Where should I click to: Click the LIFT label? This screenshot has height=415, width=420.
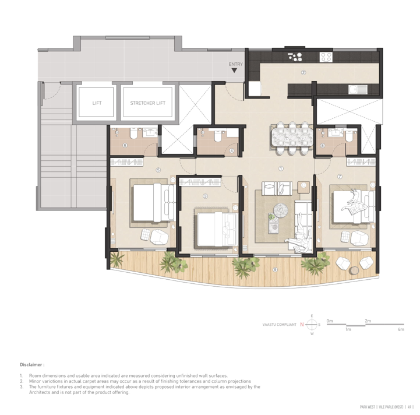click(x=97, y=103)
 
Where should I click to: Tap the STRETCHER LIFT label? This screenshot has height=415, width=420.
click(x=147, y=103)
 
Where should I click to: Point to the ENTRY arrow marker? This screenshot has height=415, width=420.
click(x=235, y=71)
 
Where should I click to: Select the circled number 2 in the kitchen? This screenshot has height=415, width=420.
click(x=303, y=73)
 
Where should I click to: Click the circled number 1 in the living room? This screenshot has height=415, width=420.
click(x=281, y=168)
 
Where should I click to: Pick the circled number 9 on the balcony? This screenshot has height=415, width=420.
click(x=275, y=269)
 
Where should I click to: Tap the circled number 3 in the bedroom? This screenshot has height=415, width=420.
click(x=205, y=196)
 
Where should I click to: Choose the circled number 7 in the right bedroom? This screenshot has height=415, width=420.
click(x=340, y=175)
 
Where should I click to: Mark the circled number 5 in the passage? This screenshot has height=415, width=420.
click(x=158, y=170)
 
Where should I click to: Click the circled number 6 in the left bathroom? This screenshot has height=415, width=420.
click(x=125, y=145)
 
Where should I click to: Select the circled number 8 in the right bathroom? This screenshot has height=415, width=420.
click(x=323, y=146)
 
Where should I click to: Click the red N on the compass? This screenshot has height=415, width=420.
click(x=302, y=324)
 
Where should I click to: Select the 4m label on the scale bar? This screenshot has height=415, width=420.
click(x=401, y=330)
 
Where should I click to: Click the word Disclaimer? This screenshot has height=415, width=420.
click(x=32, y=364)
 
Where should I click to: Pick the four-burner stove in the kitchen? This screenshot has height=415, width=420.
click(x=326, y=57)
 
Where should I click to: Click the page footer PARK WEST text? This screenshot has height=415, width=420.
click(x=367, y=407)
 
